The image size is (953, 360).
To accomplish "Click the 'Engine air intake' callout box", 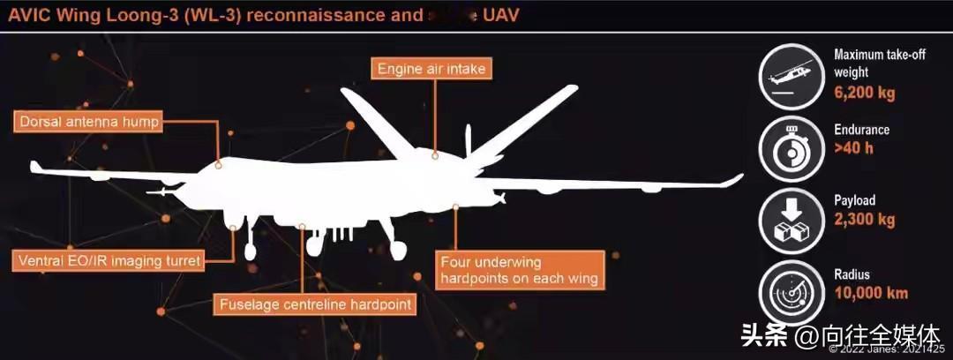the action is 431,68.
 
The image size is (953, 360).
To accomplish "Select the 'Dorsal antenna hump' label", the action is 87,122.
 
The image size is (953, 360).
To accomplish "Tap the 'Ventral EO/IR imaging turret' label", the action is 109,260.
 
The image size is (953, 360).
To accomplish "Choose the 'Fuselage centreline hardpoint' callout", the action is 315,305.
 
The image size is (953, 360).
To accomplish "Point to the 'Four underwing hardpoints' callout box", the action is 520,270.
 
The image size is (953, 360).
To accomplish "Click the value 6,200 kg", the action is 864,92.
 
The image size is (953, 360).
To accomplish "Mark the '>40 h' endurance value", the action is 853,147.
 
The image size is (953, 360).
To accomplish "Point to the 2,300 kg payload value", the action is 864,219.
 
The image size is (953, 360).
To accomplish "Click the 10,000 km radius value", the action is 870,292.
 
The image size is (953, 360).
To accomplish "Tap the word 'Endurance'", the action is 861,130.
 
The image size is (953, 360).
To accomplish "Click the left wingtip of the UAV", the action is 34,166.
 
